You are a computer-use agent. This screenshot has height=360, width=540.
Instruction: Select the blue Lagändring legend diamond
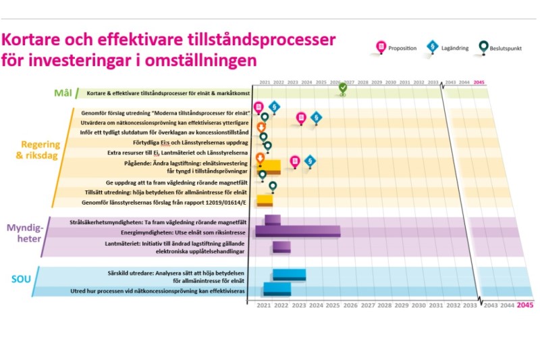pyautogui.click(x=433, y=47)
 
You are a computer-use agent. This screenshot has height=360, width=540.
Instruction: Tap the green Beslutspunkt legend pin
pyautogui.click(x=485, y=47)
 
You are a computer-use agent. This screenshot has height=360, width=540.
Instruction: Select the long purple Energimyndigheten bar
pyautogui.click(x=298, y=232)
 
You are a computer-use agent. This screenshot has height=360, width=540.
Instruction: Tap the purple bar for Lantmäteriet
pyautogui.click(x=281, y=247)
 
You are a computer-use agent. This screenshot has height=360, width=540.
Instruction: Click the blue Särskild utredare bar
pyautogui.click(x=289, y=274)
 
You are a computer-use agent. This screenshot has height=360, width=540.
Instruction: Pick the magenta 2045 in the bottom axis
pyautogui.click(x=524, y=305)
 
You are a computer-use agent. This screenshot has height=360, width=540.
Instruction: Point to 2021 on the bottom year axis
pyautogui.click(x=264, y=305)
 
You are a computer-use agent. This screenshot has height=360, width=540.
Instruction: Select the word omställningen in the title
pyautogui.click(x=202, y=59)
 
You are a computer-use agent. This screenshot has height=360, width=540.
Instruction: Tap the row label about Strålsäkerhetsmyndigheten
pyautogui.click(x=156, y=222)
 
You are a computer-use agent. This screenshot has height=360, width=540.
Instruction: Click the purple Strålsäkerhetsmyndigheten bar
pyautogui.click(x=273, y=220)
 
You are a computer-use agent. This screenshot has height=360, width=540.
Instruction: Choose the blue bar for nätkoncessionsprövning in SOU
pyautogui.click(x=277, y=288)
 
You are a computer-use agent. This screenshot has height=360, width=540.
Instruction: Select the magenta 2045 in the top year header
pyautogui.click(x=479, y=82)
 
